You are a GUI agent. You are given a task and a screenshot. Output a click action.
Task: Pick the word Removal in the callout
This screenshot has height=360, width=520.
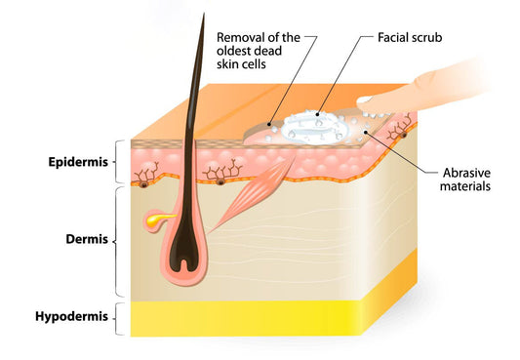pos(240,38)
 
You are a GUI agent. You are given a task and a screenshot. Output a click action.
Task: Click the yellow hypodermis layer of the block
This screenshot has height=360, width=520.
pos(293,317)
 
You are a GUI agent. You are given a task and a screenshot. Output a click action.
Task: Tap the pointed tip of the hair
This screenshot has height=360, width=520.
pos(204,14)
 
